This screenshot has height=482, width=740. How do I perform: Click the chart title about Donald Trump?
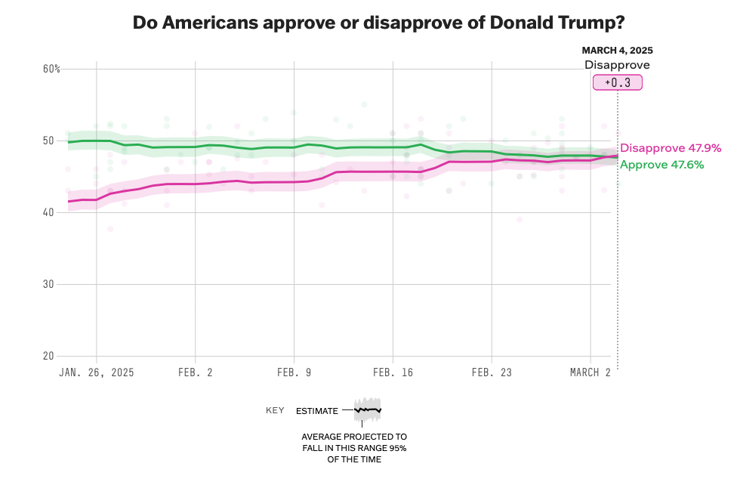tap(378, 22)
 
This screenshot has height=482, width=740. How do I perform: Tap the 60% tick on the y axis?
tap(51, 69)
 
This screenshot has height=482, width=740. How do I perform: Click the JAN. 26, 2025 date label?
tap(96, 372)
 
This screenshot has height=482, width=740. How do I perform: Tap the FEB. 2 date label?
tap(195, 372)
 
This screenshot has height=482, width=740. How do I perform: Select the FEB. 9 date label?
tap(294, 372)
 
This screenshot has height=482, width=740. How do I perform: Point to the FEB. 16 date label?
tap(393, 372)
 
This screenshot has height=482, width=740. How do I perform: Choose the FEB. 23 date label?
tap(492, 372)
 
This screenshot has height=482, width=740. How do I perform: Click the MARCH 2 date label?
tap(590, 372)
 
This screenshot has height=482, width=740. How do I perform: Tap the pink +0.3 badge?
tap(617, 82)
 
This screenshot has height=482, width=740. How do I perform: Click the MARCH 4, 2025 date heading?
tap(617, 51)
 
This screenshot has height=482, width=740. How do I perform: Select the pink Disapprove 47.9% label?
tap(671, 148)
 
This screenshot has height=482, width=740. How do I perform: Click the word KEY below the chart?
tap(275, 410)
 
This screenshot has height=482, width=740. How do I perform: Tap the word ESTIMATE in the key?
tap(317, 410)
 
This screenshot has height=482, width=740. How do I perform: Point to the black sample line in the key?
tap(368, 409)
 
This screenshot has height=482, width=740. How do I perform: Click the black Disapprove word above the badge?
tap(617, 65)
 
